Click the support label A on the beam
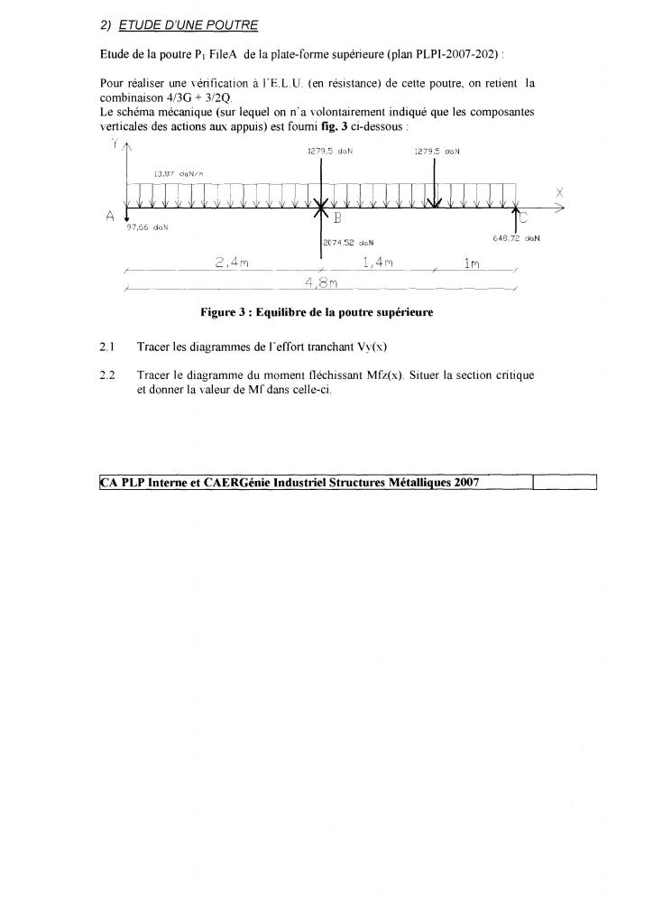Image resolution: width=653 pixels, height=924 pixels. point(109,215)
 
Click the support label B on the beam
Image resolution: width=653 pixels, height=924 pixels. point(337,217)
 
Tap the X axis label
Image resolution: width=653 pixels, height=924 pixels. point(560,192)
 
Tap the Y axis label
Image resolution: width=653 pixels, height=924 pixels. point(114,144)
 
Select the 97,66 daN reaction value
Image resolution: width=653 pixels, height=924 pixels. point(148,227)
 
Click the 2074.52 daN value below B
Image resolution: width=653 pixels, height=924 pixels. point(348,242)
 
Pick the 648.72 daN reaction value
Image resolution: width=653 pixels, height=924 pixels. point(516,238)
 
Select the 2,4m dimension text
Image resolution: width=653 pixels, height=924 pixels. point(232,262)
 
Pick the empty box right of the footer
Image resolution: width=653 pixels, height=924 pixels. point(565,483)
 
